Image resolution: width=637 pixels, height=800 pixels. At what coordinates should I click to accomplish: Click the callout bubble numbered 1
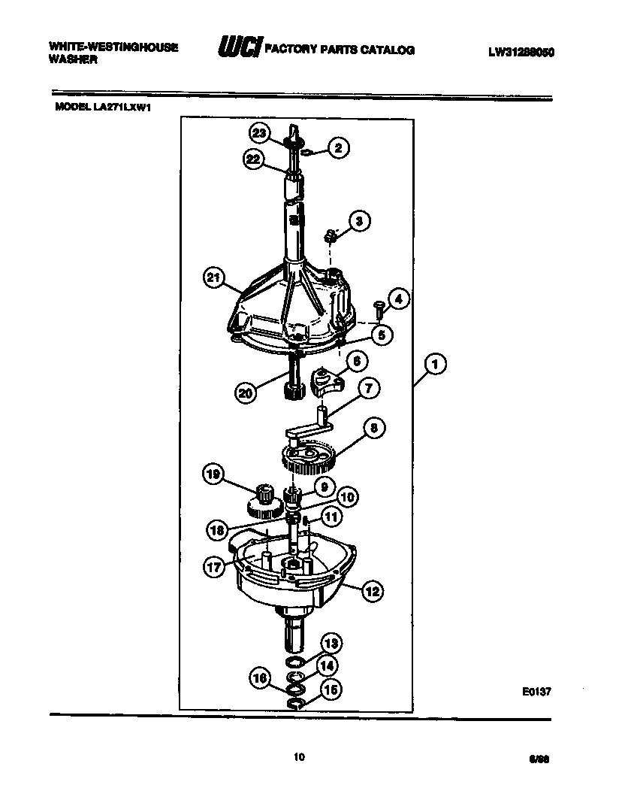tap(434, 365)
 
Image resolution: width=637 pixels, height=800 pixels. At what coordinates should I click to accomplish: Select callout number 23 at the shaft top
tap(259, 134)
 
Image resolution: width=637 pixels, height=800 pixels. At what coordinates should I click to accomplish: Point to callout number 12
tap(371, 592)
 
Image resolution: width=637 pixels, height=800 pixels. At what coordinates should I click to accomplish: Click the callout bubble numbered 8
tap(373, 429)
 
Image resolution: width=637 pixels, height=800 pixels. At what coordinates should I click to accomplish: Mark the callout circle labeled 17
tap(214, 566)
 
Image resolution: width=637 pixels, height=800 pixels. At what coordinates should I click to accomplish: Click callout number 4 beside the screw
tap(398, 299)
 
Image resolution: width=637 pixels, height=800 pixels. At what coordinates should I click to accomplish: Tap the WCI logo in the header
tap(239, 48)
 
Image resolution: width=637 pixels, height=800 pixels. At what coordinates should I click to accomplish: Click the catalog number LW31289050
tap(521, 51)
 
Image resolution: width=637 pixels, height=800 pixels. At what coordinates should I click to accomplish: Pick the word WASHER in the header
tap(72, 60)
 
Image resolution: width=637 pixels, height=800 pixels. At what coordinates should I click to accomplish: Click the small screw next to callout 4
tap(379, 306)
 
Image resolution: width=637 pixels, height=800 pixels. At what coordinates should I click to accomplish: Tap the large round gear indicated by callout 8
tap(309, 459)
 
